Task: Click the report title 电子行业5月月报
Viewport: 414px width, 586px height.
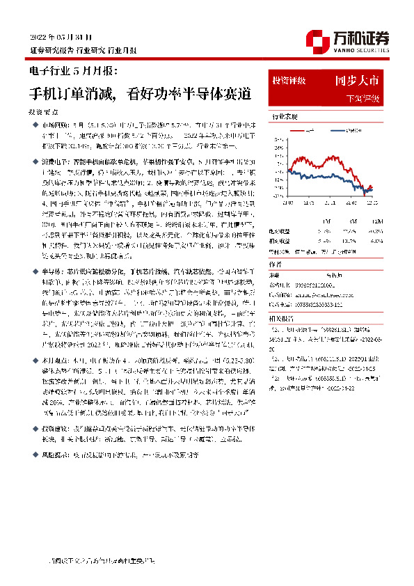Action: click(x=74, y=71)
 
